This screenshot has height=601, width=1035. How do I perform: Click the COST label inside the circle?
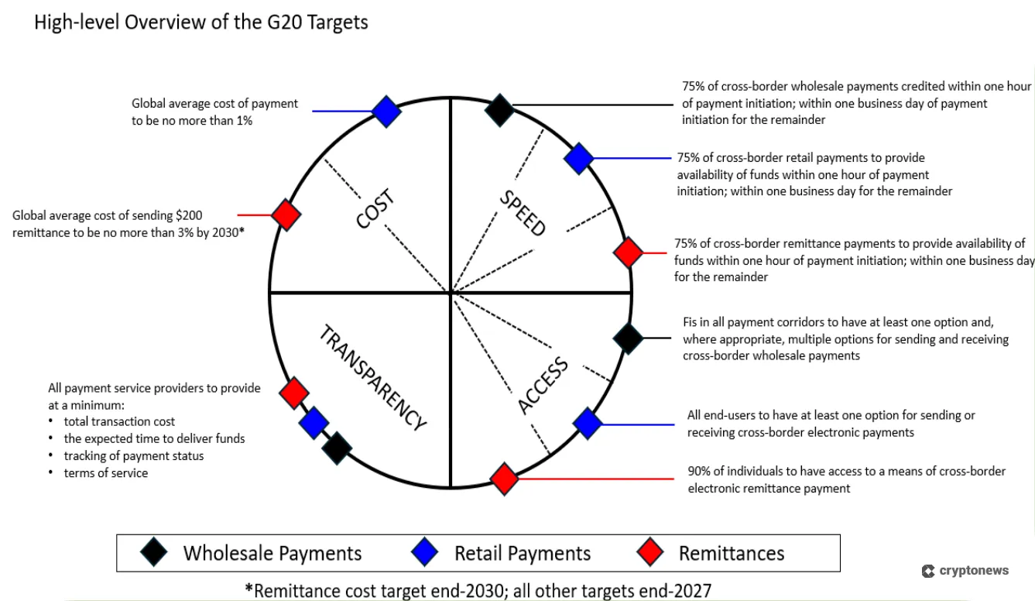coord(376,209)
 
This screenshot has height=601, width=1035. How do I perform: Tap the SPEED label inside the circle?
coord(523,212)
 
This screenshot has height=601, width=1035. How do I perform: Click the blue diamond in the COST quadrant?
coord(386,112)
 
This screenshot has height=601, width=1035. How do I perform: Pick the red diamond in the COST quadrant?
coord(286,215)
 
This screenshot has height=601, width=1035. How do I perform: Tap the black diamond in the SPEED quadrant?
coord(500,109)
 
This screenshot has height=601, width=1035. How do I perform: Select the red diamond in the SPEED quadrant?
coord(629,252)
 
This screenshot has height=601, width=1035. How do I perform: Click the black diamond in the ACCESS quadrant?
coord(628,338)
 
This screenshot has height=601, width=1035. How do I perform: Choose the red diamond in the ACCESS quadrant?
coord(504,479)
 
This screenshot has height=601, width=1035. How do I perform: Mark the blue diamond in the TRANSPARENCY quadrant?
coord(314,423)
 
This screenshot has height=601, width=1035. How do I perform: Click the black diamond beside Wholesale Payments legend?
coord(154,552)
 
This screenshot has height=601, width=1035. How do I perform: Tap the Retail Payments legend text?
coord(523,553)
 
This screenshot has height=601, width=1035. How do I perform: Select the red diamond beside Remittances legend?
coord(650,552)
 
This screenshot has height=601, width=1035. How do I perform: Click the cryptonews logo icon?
coord(928,571)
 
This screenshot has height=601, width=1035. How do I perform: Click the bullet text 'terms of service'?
coord(105,472)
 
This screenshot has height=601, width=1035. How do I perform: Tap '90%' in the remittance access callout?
coord(700,471)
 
